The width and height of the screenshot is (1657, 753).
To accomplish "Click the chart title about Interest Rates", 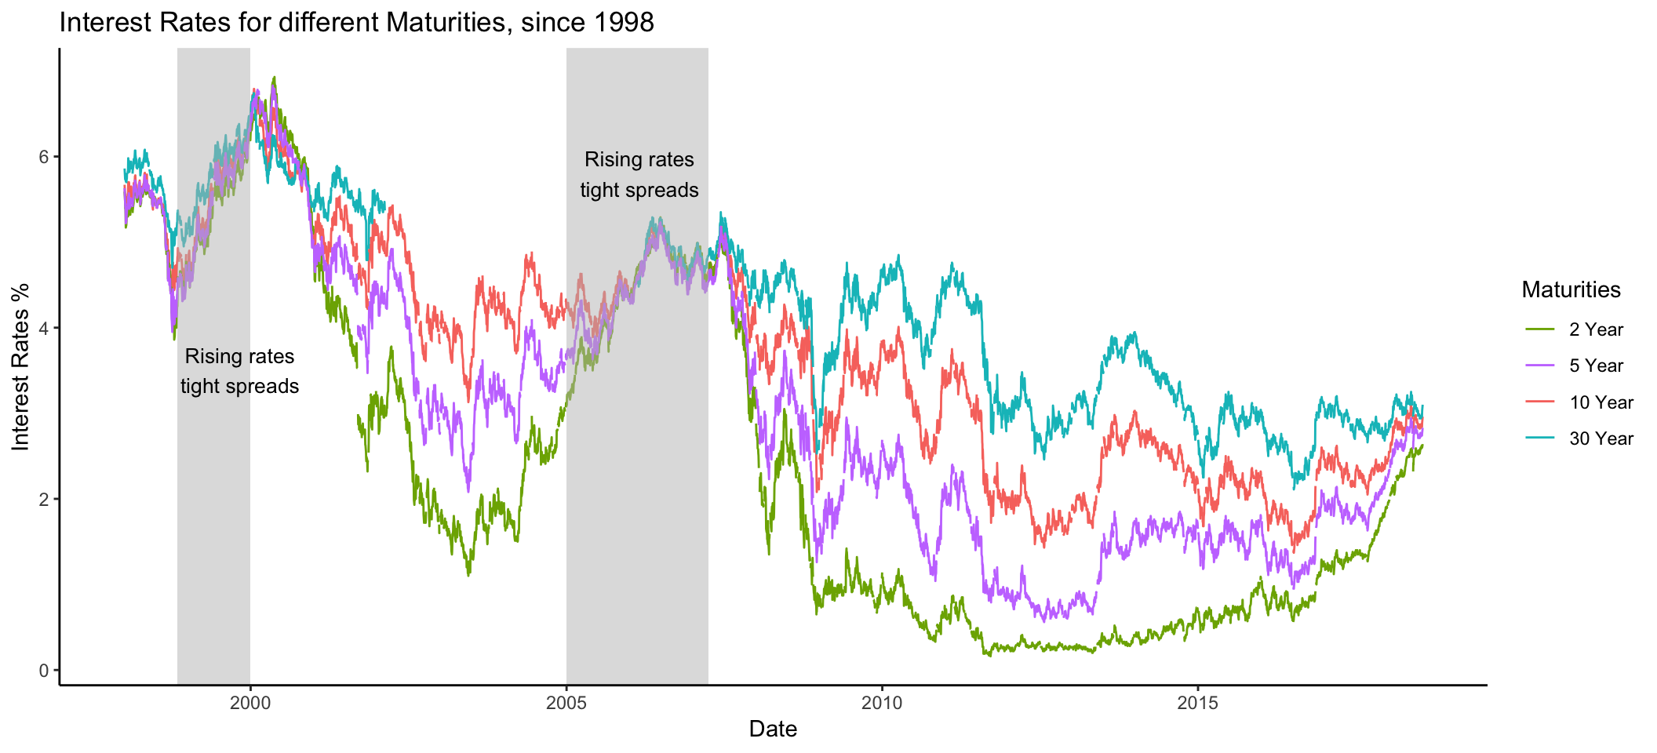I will point(356,22).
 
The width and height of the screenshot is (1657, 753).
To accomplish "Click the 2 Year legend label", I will point(1596,329).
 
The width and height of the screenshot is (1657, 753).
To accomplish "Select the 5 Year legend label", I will point(1596,366).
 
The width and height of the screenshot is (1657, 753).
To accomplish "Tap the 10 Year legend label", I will point(1601,402).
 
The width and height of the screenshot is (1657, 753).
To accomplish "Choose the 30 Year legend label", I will point(1601,438).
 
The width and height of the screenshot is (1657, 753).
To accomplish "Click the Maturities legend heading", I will point(1571,289).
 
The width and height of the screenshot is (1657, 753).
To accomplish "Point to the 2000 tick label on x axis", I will point(250,703).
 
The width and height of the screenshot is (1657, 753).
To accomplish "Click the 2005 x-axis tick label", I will point(566,703).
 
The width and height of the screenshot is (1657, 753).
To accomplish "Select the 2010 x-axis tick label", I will point(882,703).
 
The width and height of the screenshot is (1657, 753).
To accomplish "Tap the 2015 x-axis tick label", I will point(1198,703).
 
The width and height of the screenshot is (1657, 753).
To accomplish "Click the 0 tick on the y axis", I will point(44,670).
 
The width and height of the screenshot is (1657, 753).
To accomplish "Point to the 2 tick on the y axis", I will point(44,499).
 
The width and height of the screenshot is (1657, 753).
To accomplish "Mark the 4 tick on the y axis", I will point(44,328).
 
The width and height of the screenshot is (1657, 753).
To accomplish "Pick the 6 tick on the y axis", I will point(44,157).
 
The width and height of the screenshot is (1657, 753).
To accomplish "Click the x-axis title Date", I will point(773,729).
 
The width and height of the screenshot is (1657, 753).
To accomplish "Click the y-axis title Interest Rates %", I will point(20,367).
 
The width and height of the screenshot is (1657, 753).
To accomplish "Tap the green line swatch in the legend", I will point(1539,329).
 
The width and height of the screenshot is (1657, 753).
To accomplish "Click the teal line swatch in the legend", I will point(1539,438).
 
